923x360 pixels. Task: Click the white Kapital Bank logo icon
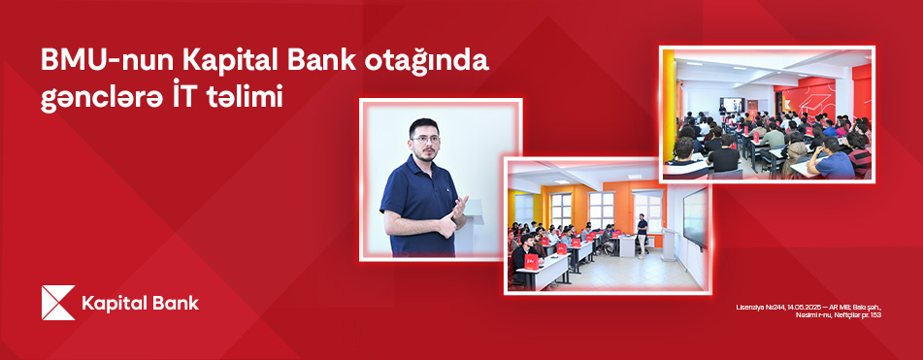click(x=57, y=303)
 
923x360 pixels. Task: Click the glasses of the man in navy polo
click(x=425, y=139)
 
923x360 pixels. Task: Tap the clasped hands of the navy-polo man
click(x=456, y=213)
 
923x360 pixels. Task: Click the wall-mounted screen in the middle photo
click(x=695, y=215)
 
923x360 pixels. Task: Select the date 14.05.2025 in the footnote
click(x=793, y=308)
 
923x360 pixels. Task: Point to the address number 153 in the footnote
click(x=875, y=315)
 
